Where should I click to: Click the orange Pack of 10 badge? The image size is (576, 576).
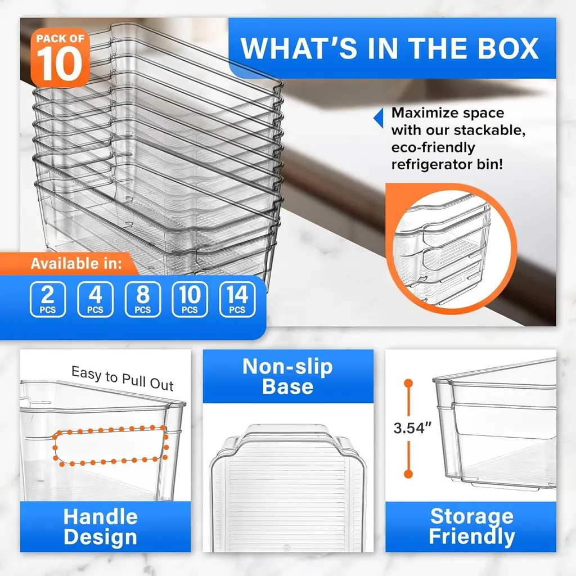(x=60, y=58)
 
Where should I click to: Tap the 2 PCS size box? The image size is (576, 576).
(x=48, y=299)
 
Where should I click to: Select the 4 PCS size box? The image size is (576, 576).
(x=95, y=299)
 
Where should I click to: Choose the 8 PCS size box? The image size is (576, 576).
(x=142, y=299)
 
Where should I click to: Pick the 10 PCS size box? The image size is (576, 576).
(x=190, y=299)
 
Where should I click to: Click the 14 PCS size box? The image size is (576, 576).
(x=237, y=299)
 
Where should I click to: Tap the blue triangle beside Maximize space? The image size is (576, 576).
(x=379, y=118)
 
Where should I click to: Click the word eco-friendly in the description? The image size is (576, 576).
(x=433, y=147)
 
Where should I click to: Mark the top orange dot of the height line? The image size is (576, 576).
(x=408, y=384)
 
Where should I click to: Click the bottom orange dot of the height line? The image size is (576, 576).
(x=408, y=474)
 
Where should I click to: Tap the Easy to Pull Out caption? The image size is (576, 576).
(x=122, y=379)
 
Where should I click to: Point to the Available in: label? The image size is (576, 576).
(x=76, y=264)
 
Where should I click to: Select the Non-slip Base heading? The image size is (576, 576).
(x=287, y=376)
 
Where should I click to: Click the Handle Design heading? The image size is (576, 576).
(x=101, y=526)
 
